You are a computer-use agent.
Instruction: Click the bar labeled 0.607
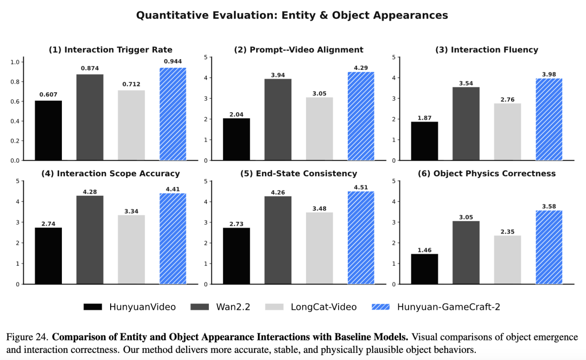tap(48, 131)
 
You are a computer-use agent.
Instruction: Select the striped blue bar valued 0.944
tap(173, 114)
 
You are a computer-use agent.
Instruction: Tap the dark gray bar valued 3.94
tap(278, 120)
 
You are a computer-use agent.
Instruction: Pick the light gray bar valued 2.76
tap(507, 132)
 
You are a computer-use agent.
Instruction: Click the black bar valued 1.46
tap(424, 269)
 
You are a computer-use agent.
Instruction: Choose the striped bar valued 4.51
tap(361, 237)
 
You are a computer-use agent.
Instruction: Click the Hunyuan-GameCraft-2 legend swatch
tap(380, 307)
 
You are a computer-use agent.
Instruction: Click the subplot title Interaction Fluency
tap(487, 50)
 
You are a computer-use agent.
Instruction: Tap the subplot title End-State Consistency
tap(298, 173)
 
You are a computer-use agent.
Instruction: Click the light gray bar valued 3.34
tap(131, 249)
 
